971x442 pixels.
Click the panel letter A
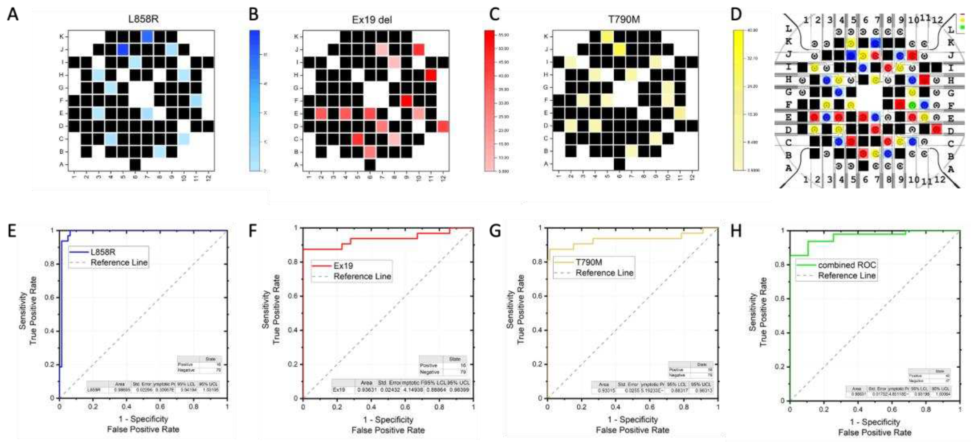pos(13,15)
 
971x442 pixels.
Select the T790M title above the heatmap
pos(624,19)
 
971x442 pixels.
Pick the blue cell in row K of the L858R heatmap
pos(147,37)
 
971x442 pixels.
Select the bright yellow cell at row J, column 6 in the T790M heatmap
pos(619,49)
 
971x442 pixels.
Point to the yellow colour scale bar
pos(738,100)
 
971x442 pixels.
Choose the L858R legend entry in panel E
pos(102,252)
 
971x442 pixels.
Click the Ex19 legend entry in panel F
pos(343,266)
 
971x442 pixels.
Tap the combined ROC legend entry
pos(847,265)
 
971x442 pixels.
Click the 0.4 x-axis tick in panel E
pos(127,407)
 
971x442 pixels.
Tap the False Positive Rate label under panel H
pos(874,432)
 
